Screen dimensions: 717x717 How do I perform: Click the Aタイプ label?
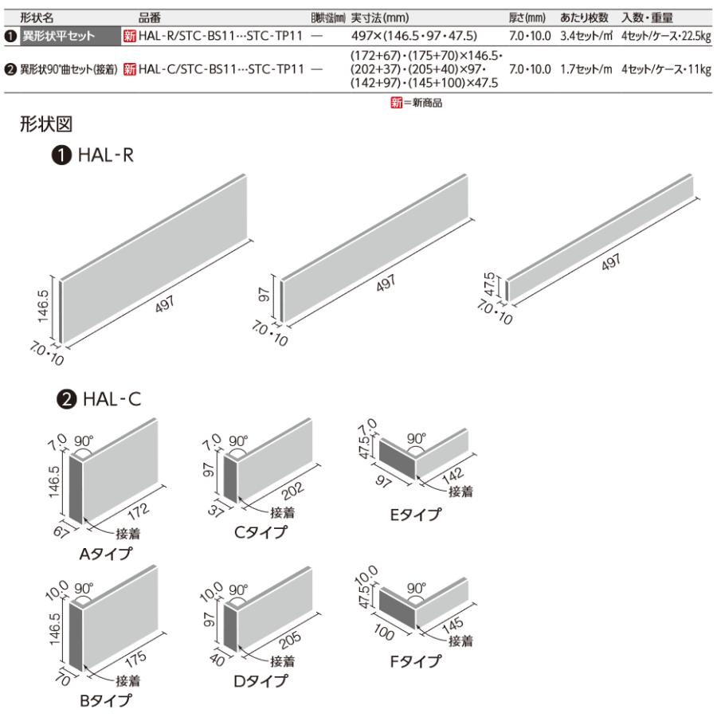[105, 554]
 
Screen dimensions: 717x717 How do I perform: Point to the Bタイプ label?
[105, 701]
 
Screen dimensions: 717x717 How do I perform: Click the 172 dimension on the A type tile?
[136, 503]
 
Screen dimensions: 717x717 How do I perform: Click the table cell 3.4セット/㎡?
[586, 36]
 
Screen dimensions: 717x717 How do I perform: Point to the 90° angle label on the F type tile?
[415, 586]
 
